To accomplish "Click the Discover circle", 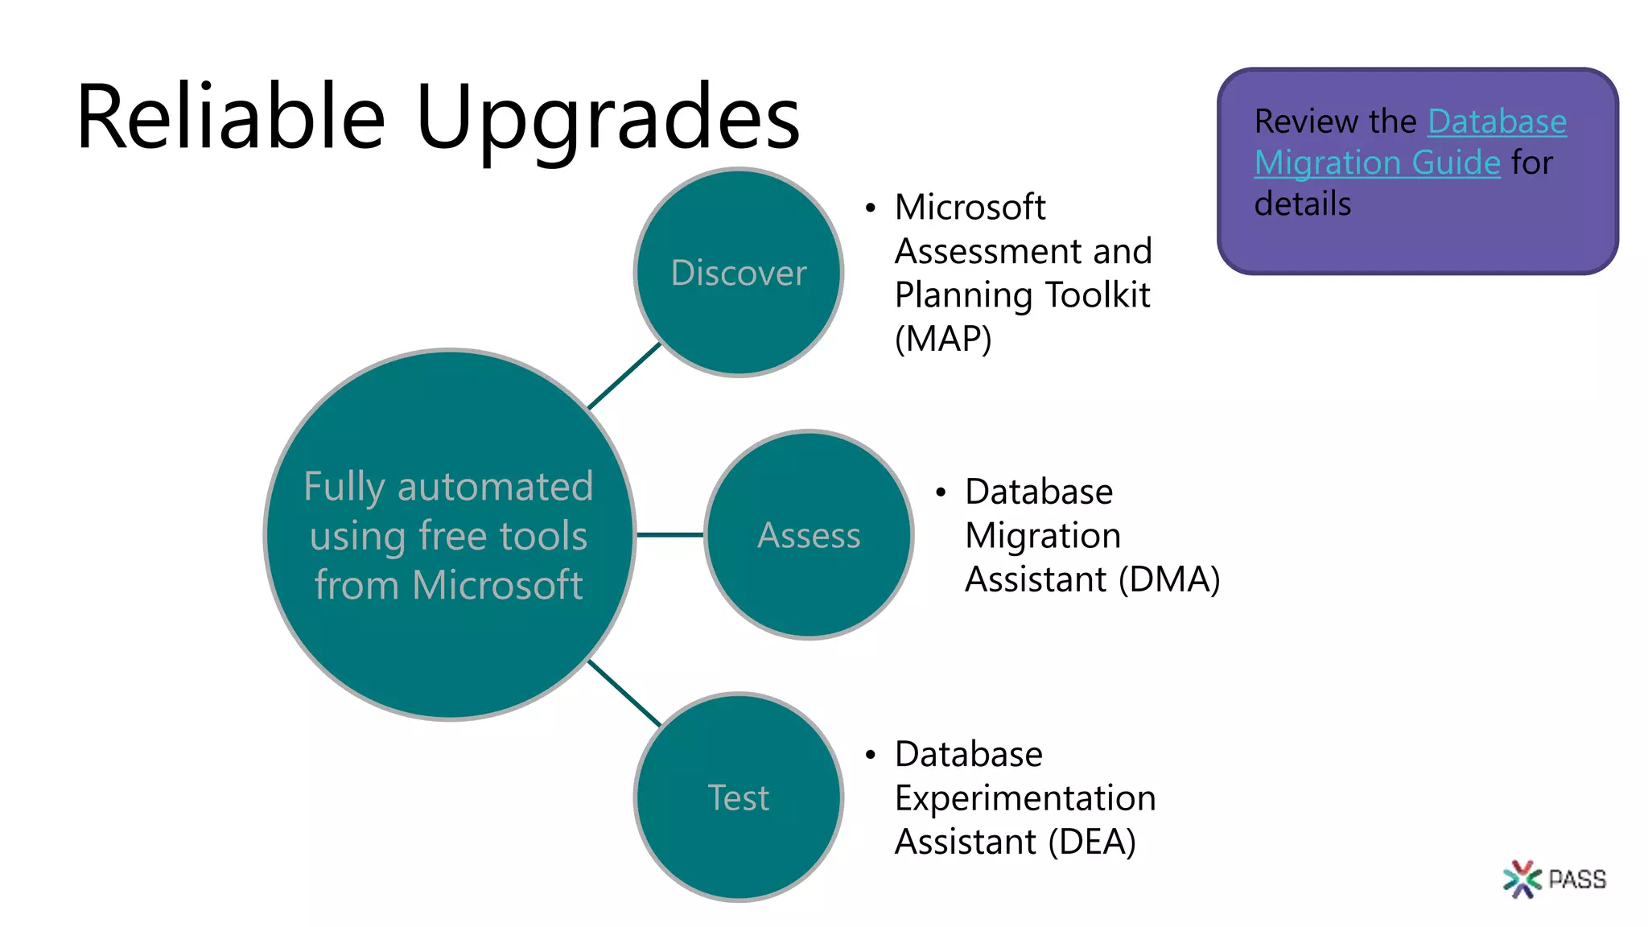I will click(738, 273).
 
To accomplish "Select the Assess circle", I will click(809, 535).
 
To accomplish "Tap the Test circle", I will click(738, 797).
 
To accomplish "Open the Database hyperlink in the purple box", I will click(1497, 122).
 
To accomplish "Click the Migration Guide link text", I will click(1377, 163).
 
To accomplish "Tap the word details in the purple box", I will click(1303, 204).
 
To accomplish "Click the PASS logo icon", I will click(1521, 879).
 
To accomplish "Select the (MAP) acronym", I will click(943, 339).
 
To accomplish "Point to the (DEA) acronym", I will click(1091, 843).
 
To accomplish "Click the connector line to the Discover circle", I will click(624, 376).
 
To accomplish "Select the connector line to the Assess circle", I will click(669, 534).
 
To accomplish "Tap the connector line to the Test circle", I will click(624, 693).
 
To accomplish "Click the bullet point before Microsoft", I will click(870, 208).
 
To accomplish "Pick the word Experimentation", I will click(1025, 798).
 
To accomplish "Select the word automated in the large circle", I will click(495, 487).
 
